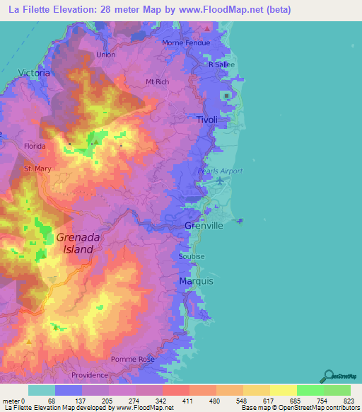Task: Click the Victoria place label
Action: [34, 72]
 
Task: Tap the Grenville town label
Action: [204, 225]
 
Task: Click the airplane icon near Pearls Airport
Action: [220, 181]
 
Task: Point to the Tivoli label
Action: [206, 120]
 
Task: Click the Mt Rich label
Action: [157, 82]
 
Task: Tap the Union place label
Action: [105, 55]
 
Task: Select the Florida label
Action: [35, 146]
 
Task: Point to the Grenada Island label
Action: [74, 244]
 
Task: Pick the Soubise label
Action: [192, 256]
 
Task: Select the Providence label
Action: [89, 375]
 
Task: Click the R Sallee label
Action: [221, 64]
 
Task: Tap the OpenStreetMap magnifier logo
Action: [329, 375]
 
